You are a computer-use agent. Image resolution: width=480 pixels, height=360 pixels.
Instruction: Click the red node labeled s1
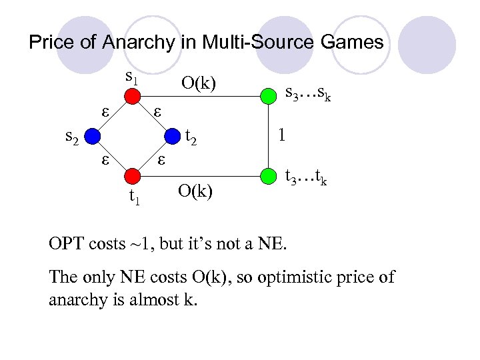click(133, 97)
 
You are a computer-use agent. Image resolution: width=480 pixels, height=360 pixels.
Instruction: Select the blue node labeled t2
click(173, 137)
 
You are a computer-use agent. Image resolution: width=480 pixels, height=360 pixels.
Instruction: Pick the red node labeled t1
click(133, 176)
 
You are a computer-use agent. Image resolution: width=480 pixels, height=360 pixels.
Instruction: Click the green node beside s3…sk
click(268, 97)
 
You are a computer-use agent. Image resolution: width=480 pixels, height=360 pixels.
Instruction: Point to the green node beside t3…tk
click(268, 177)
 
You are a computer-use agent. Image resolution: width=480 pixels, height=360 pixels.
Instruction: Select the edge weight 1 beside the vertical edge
click(283, 135)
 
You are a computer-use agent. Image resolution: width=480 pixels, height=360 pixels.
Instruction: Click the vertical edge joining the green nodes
click(268, 137)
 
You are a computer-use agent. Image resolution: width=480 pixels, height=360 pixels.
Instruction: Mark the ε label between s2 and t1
click(105, 160)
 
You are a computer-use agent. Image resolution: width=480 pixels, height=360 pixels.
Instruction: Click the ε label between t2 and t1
click(161, 160)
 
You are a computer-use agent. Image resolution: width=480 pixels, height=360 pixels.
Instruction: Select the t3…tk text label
click(306, 178)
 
